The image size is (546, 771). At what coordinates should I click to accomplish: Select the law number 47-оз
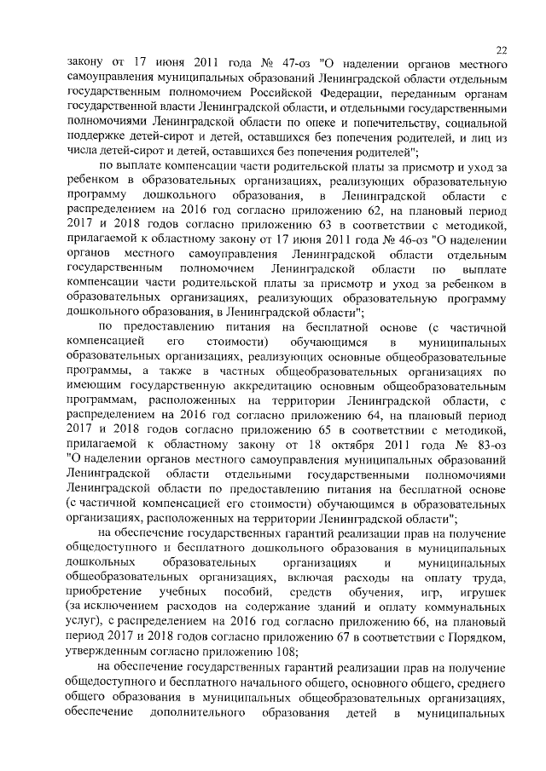click(x=265, y=64)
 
